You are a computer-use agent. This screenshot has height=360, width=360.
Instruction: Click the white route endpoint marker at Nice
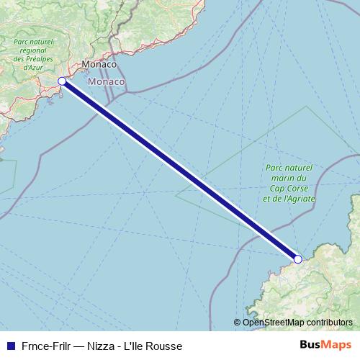(x=62, y=81)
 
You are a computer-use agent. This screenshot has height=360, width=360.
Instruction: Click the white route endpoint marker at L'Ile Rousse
(x=297, y=258)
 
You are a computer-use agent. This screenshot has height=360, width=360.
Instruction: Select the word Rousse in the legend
(x=164, y=346)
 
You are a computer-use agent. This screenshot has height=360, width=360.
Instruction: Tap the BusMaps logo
(x=325, y=345)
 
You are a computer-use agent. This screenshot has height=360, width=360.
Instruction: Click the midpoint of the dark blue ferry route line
(x=180, y=170)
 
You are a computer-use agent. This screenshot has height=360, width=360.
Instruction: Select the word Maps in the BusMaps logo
(x=337, y=345)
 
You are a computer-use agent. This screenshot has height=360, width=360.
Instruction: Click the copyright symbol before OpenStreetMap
(x=238, y=323)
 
